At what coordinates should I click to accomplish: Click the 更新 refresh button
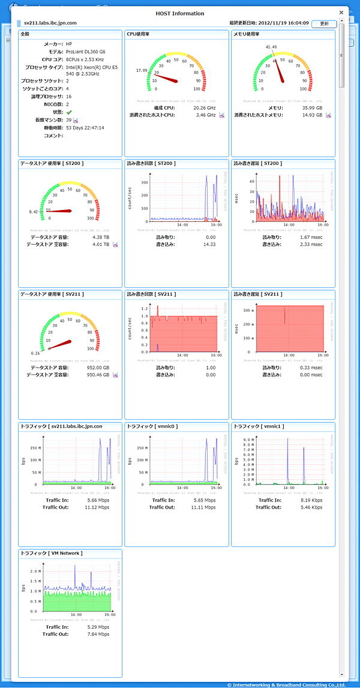click(324, 23)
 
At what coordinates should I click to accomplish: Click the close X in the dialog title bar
click(341, 12)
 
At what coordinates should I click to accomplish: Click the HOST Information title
click(180, 13)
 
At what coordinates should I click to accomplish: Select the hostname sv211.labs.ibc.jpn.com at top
click(50, 23)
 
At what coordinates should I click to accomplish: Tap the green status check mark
click(69, 112)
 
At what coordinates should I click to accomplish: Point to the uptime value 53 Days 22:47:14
click(85, 128)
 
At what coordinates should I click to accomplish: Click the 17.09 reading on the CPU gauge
click(142, 70)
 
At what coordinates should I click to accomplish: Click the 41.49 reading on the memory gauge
click(271, 47)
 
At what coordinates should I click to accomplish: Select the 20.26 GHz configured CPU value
click(202, 108)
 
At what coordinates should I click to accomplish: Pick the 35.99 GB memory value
click(311, 108)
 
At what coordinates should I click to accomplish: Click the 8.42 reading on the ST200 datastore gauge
click(34, 212)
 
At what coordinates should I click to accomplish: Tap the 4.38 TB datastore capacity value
click(101, 237)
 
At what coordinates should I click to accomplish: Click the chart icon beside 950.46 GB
click(115, 375)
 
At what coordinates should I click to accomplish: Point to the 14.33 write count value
click(209, 245)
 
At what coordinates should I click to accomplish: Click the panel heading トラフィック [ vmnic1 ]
click(258, 426)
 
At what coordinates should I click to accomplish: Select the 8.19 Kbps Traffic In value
click(311, 500)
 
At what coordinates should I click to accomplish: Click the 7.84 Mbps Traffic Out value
click(98, 633)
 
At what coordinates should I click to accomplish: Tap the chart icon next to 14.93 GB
click(329, 115)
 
